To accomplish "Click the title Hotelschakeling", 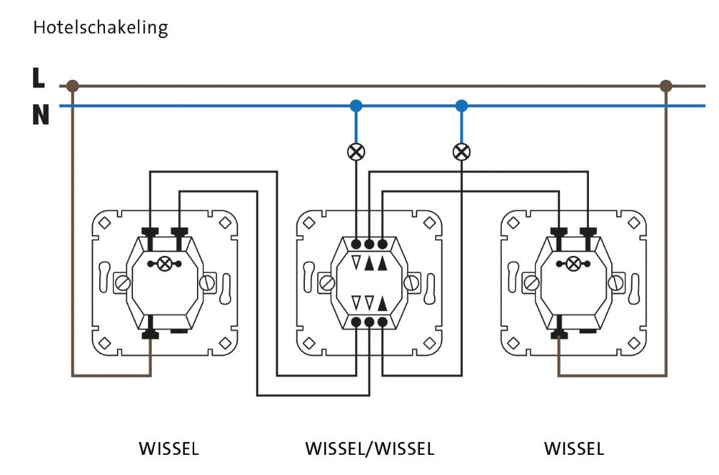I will pyautogui.click(x=100, y=28).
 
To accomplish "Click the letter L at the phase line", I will pyautogui.click(x=39, y=78).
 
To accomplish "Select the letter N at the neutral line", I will pyautogui.click(x=40, y=115).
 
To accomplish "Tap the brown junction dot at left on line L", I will pyautogui.click(x=72, y=86).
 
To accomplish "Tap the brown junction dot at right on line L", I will pyautogui.click(x=666, y=86).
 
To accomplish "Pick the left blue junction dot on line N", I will pyautogui.click(x=356, y=106).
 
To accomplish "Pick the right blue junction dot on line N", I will pyautogui.click(x=462, y=106).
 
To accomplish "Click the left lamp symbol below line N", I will pyautogui.click(x=356, y=152).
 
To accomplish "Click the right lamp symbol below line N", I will pyautogui.click(x=462, y=152).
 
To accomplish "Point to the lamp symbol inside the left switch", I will pyautogui.click(x=165, y=264).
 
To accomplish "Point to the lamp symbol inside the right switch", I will pyautogui.click(x=573, y=264).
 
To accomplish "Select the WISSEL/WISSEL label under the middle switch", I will pyautogui.click(x=370, y=450).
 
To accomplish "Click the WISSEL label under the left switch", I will pyautogui.click(x=168, y=450).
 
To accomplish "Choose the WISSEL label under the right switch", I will pyautogui.click(x=574, y=450).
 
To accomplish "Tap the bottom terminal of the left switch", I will pyautogui.click(x=150, y=333).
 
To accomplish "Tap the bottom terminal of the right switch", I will pyautogui.click(x=559, y=333).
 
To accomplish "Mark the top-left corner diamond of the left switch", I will pyautogui.click(x=104, y=223).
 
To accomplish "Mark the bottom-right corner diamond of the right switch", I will pyautogui.click(x=633, y=343).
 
